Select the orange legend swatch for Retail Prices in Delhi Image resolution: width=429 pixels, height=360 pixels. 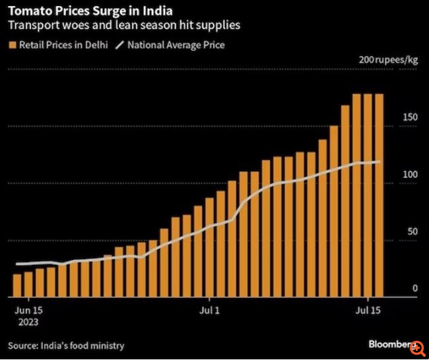12,45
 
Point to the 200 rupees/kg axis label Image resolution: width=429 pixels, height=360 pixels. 388,60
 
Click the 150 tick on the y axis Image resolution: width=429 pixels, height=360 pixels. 410,117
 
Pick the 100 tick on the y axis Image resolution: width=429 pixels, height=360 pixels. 410,174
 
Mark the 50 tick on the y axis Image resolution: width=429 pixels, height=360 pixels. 412,231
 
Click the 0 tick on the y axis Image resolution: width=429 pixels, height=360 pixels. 414,289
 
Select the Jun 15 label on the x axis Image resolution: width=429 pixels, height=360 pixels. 28,309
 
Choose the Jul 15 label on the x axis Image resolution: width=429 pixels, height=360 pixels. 367,309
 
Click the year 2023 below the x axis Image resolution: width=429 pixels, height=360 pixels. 27,322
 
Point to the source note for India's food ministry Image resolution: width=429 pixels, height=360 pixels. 66,345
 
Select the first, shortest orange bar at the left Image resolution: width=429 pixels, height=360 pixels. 18,284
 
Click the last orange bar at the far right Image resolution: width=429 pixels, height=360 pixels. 379,195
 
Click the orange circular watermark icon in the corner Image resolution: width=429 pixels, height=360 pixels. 416,345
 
